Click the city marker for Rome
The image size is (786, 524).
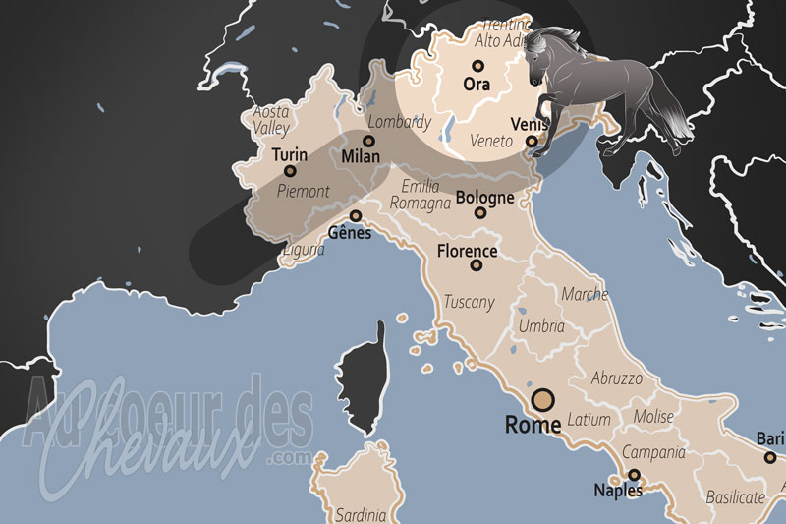pos(542,399)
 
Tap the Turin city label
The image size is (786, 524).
pos(289,155)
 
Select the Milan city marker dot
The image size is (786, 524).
pos(368,141)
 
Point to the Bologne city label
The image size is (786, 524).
pos(485,198)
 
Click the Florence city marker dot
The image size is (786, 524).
pos(477,264)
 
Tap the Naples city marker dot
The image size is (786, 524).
pos(634,475)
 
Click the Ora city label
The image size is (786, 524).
pos(477,85)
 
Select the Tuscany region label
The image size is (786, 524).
pos(470,302)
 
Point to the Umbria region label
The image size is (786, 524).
pos(541,326)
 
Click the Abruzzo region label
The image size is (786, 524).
pos(617,378)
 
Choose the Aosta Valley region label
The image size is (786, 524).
pos(270,120)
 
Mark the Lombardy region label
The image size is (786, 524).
pos(399,123)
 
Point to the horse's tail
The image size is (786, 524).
pos(668,118)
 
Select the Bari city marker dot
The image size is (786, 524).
pos(770,456)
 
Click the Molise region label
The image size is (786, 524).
pos(653,416)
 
